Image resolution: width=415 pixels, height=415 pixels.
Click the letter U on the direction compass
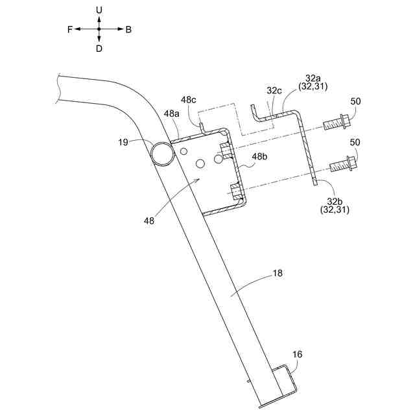click(x=99, y=10)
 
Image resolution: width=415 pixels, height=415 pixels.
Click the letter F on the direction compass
click(x=69, y=29)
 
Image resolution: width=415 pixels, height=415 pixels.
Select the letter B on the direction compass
click(x=128, y=29)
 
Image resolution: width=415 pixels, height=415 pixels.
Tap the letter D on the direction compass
click(x=99, y=49)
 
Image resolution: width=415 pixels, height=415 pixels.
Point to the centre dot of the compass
click(x=99, y=29)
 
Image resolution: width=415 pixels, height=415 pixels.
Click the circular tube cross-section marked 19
click(x=161, y=152)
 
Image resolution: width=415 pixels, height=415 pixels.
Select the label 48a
click(x=171, y=113)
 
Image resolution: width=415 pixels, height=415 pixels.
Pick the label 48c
click(x=189, y=100)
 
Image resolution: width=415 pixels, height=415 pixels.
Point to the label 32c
click(x=274, y=91)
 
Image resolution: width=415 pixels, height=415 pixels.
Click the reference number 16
click(x=297, y=355)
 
